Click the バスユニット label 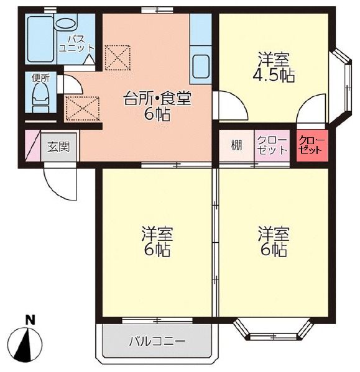pyautogui.click(x=76, y=43)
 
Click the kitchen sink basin pyautogui.click(x=201, y=65)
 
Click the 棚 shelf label pyautogui.click(x=236, y=145)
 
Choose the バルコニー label pyautogui.click(x=157, y=341)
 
